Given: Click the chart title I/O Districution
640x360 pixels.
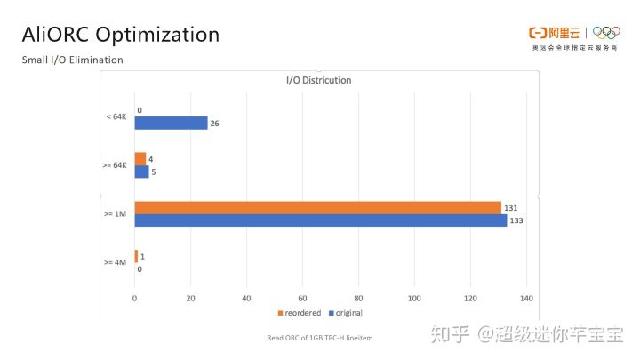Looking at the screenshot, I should tap(318, 80).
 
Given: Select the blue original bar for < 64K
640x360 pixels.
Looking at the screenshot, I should tap(171, 124).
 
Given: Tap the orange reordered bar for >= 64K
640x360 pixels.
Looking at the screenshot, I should tap(140, 159).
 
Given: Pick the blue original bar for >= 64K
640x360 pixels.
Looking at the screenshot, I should tap(141, 172).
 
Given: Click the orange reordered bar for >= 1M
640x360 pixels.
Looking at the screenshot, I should tap(317, 207).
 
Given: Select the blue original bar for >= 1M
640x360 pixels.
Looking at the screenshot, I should tap(320, 220).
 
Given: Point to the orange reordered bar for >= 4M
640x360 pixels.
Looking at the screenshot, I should tap(136, 256).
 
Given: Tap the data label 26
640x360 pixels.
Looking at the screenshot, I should tap(214, 124).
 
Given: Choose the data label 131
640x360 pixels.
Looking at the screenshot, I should tap(511, 207).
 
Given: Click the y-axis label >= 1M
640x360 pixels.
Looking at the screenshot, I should tap(115, 213).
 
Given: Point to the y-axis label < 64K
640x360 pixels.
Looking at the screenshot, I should tap(116, 117).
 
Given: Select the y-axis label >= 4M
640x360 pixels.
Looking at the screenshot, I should tap(115, 262).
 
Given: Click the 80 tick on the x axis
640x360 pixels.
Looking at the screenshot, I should tap(358, 298).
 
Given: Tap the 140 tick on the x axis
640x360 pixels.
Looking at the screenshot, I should tap(526, 298).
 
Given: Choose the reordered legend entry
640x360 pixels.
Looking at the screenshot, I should tap(300, 313).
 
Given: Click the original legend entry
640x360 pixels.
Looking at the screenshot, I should tap(345, 313).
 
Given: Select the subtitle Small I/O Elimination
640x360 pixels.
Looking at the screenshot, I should tap(72, 60).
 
